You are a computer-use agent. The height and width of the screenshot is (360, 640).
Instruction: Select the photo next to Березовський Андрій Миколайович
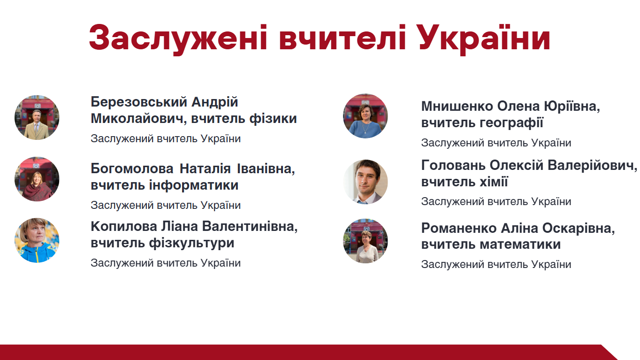(37, 117)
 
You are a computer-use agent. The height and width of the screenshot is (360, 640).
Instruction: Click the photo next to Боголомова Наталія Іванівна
(37, 179)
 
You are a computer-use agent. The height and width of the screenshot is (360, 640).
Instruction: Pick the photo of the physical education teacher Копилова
(37, 241)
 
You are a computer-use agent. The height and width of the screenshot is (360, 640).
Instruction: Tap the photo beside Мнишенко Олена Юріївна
(366, 116)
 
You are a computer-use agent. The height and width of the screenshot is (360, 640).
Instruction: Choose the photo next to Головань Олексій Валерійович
(366, 182)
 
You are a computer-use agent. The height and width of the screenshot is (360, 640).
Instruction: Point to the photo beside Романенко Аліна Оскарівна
(366, 241)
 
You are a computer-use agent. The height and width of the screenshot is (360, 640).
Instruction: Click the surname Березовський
(139, 102)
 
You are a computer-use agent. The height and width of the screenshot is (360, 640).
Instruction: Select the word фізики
(273, 119)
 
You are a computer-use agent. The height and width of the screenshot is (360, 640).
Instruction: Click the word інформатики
(194, 185)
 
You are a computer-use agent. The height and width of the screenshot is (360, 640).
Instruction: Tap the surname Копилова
(124, 227)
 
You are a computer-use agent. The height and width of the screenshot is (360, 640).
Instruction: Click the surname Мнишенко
(457, 107)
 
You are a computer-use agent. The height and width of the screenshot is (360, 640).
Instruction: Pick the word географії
(511, 123)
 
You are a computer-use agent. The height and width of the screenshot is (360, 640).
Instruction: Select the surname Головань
(453, 165)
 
